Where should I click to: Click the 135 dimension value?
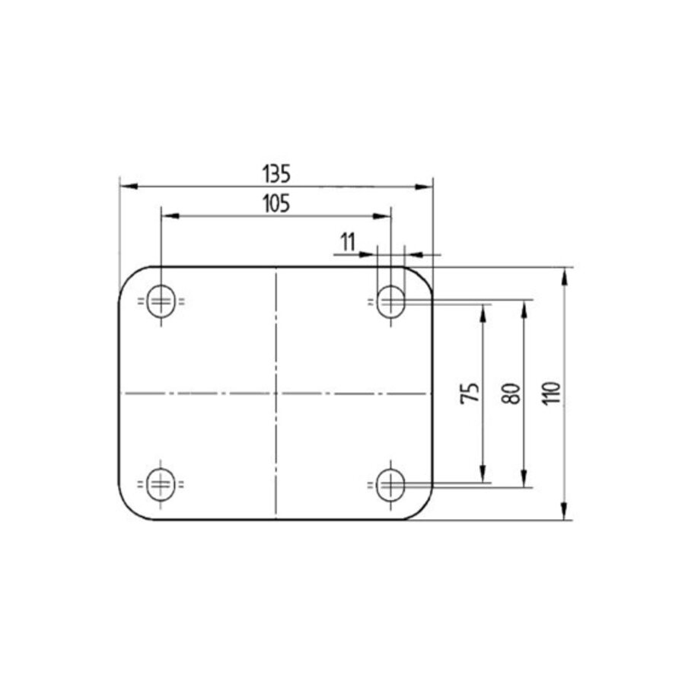click(276, 174)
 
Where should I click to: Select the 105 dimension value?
click(276, 204)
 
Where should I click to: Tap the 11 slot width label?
click(348, 242)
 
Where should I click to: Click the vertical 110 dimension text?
click(553, 392)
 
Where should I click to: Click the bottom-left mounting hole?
click(160, 482)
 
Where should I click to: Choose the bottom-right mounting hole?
click(391, 482)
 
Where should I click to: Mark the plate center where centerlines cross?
click(276, 393)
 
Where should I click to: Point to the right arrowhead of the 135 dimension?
click(425, 186)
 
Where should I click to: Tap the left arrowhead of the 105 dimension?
click(167, 216)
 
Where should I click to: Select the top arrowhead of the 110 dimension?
click(564, 274)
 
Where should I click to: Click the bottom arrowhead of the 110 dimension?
click(564, 514)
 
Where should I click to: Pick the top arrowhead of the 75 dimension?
click(482, 309)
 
